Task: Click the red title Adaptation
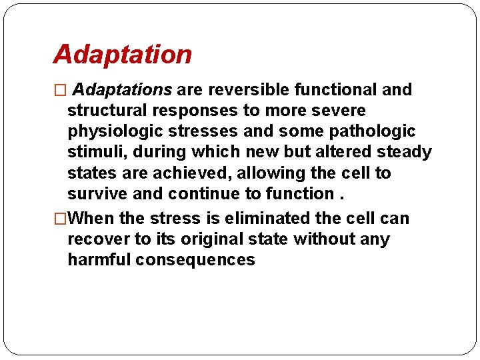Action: (122, 55)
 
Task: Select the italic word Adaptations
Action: (122, 89)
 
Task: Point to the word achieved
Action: (184, 173)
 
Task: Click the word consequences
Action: (195, 260)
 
